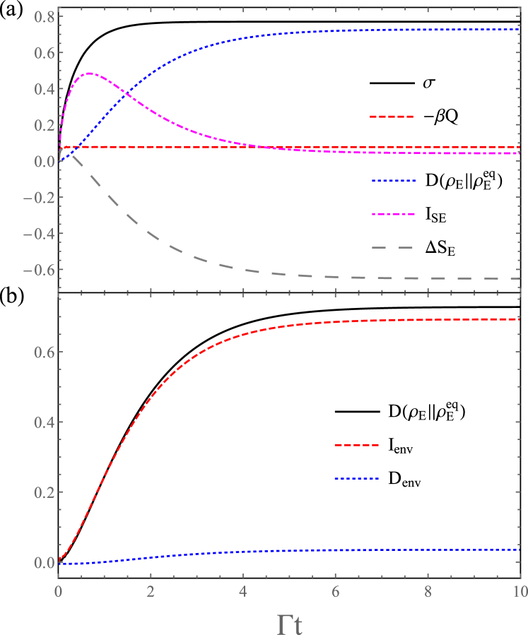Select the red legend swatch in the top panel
[392, 117]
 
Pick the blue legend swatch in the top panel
[393, 181]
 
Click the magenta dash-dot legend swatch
[392, 214]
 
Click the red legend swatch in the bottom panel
[356, 445]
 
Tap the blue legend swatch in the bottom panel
[356, 479]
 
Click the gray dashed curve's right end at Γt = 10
[520, 278]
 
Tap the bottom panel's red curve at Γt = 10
[520, 319]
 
